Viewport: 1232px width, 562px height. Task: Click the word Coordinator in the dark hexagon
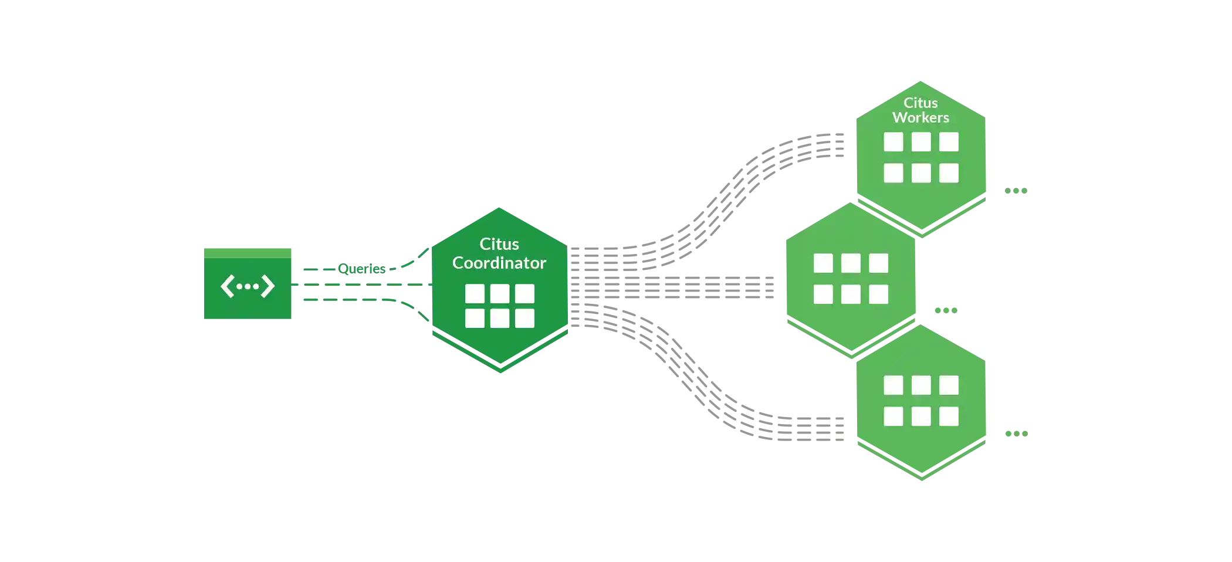click(499, 263)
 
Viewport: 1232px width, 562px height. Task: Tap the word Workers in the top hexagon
click(920, 117)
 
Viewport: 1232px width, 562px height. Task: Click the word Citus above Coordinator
click(499, 244)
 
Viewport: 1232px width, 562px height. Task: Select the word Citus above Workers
click(920, 103)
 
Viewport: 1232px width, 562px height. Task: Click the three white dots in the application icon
click(247, 286)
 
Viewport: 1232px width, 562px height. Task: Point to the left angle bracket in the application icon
click(226, 286)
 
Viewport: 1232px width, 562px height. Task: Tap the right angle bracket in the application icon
click(268, 286)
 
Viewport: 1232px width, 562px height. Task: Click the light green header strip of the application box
click(247, 252)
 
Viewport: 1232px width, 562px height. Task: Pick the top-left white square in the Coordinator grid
click(475, 293)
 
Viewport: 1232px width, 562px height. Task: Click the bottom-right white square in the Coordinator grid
click(524, 319)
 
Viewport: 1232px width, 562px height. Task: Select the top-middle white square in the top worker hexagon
click(921, 141)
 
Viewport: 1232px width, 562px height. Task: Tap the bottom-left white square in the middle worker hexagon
click(823, 294)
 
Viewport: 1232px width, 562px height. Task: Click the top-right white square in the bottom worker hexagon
click(949, 385)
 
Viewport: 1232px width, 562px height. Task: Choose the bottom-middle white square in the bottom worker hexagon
click(921, 417)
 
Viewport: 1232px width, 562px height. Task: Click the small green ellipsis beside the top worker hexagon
click(1016, 191)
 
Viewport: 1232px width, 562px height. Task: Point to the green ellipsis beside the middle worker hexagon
click(945, 310)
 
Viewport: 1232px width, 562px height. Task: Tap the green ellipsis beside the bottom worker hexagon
click(1016, 434)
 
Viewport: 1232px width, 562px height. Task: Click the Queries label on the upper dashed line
click(364, 269)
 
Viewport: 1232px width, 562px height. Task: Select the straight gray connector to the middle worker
click(692, 286)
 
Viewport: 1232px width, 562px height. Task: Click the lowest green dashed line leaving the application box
click(352, 300)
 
